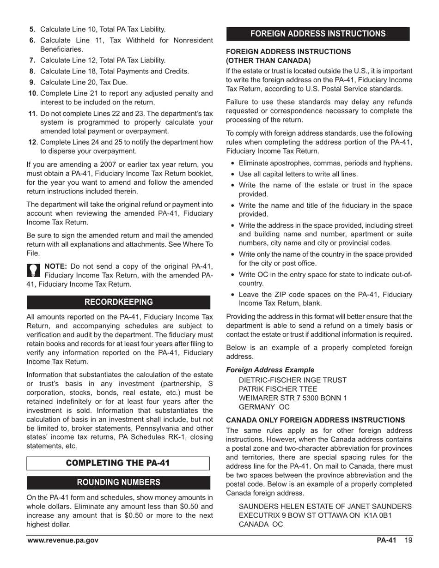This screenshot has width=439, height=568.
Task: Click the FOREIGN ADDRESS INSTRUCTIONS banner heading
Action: (318, 34)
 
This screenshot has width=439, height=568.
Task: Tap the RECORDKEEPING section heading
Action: (118, 302)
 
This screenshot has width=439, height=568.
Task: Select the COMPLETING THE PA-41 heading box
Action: (118, 463)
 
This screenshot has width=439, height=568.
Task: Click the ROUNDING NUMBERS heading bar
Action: (118, 483)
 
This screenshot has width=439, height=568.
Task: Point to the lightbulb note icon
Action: (34, 270)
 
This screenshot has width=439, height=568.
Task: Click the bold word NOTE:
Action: (56, 266)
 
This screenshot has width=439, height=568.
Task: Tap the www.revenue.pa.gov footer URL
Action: (62, 541)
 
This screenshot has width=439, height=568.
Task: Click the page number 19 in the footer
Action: (408, 541)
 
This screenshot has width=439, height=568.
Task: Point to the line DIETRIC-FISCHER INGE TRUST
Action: (292, 380)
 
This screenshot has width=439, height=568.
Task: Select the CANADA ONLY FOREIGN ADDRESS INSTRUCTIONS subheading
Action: (315, 420)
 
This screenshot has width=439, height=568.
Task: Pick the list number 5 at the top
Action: (31, 29)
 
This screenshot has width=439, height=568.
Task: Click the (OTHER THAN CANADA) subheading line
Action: (268, 60)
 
